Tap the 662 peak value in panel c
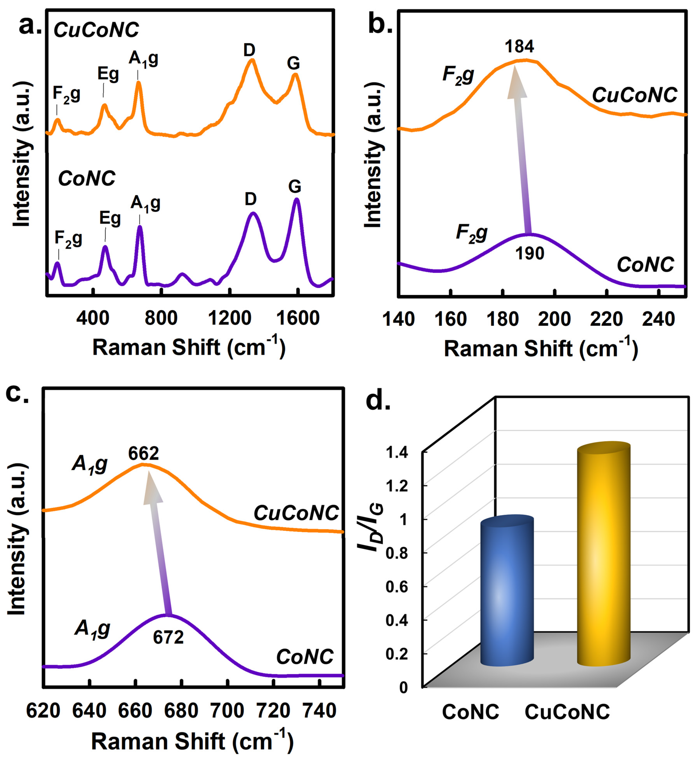coord(143,453)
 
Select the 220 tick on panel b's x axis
coord(606,319)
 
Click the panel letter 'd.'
coord(378,401)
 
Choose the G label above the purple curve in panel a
coord(295,186)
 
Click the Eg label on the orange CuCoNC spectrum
coord(108,74)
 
